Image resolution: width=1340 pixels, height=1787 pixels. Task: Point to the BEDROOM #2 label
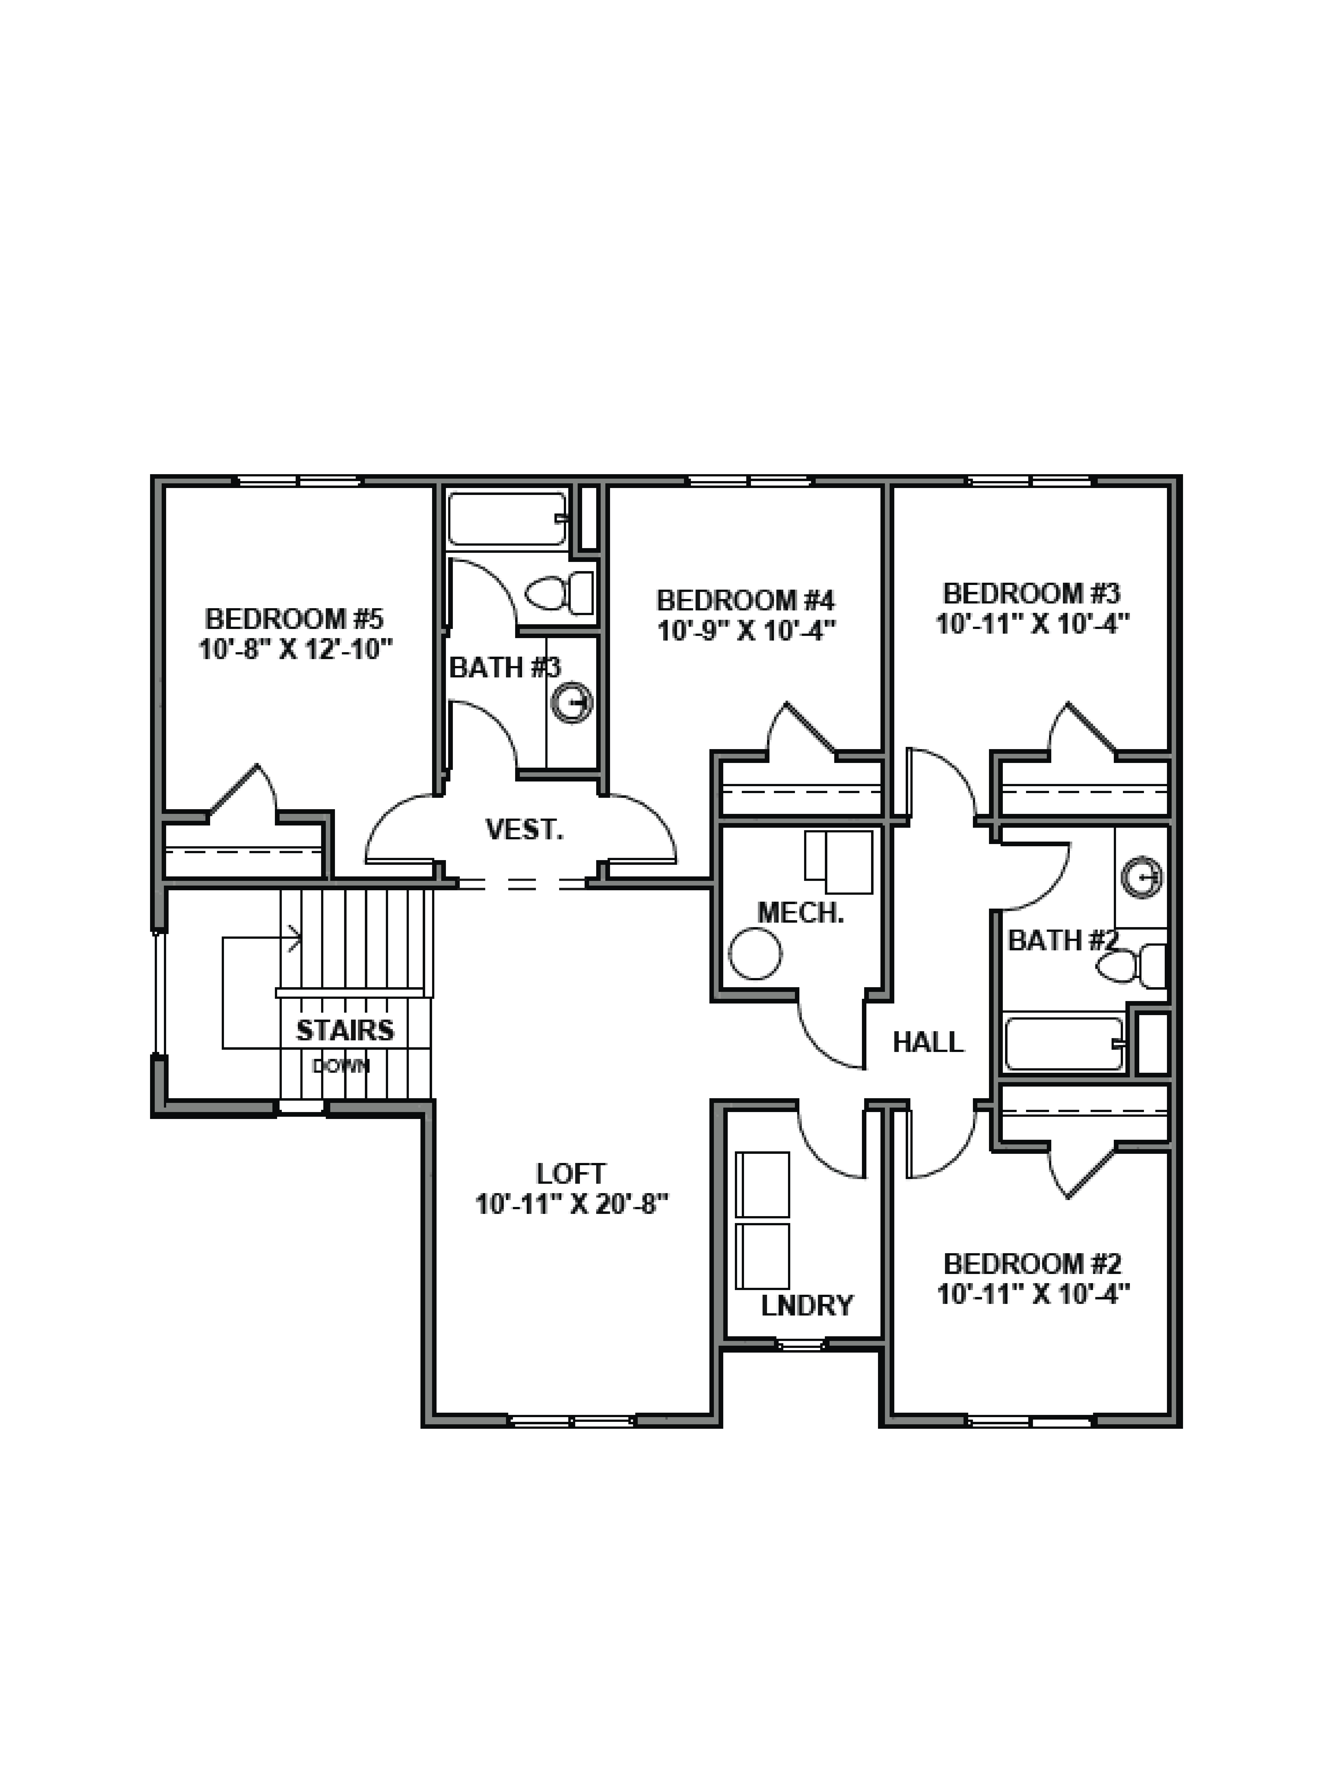tap(1032, 1263)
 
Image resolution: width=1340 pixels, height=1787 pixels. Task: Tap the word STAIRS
tap(345, 1030)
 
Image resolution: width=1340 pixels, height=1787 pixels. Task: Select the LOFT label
tap(570, 1173)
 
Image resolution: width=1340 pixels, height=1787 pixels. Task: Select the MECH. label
tap(800, 913)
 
